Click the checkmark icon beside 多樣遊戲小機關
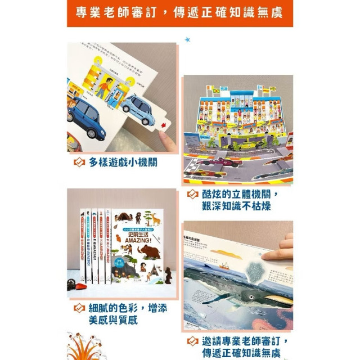point(79,163)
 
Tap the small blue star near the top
point(187,39)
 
